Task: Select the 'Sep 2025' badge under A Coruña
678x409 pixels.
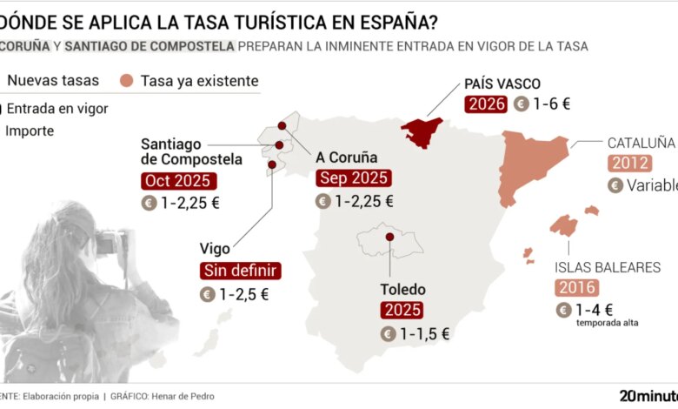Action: pyautogui.click(x=354, y=178)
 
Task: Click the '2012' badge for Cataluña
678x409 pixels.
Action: pyautogui.click(x=630, y=163)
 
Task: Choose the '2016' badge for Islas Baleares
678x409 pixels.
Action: pyautogui.click(x=576, y=288)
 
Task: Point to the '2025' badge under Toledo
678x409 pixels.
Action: pyautogui.click(x=402, y=310)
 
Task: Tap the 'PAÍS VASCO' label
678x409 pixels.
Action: pyautogui.click(x=502, y=84)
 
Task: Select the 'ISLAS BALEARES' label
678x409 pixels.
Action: pyautogui.click(x=608, y=267)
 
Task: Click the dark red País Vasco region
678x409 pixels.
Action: pyautogui.click(x=423, y=131)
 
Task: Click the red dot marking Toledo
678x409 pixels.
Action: pyautogui.click(x=390, y=236)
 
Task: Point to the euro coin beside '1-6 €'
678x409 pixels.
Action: pyautogui.click(x=522, y=104)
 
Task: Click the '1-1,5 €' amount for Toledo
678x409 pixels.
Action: pyautogui.click(x=423, y=333)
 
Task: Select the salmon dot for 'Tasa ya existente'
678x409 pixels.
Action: pyautogui.click(x=126, y=81)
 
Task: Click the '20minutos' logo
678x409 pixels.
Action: pyautogui.click(x=648, y=395)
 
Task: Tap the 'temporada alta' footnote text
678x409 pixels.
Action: pyautogui.click(x=607, y=323)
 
